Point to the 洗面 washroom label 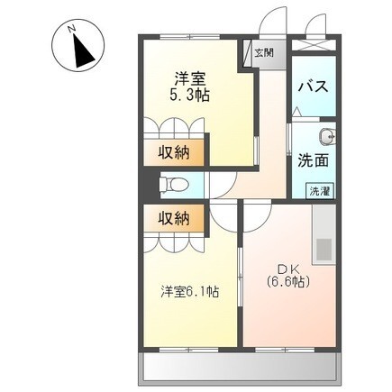click(x=312, y=160)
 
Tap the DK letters click(x=287, y=267)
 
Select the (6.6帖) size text click(x=287, y=282)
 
